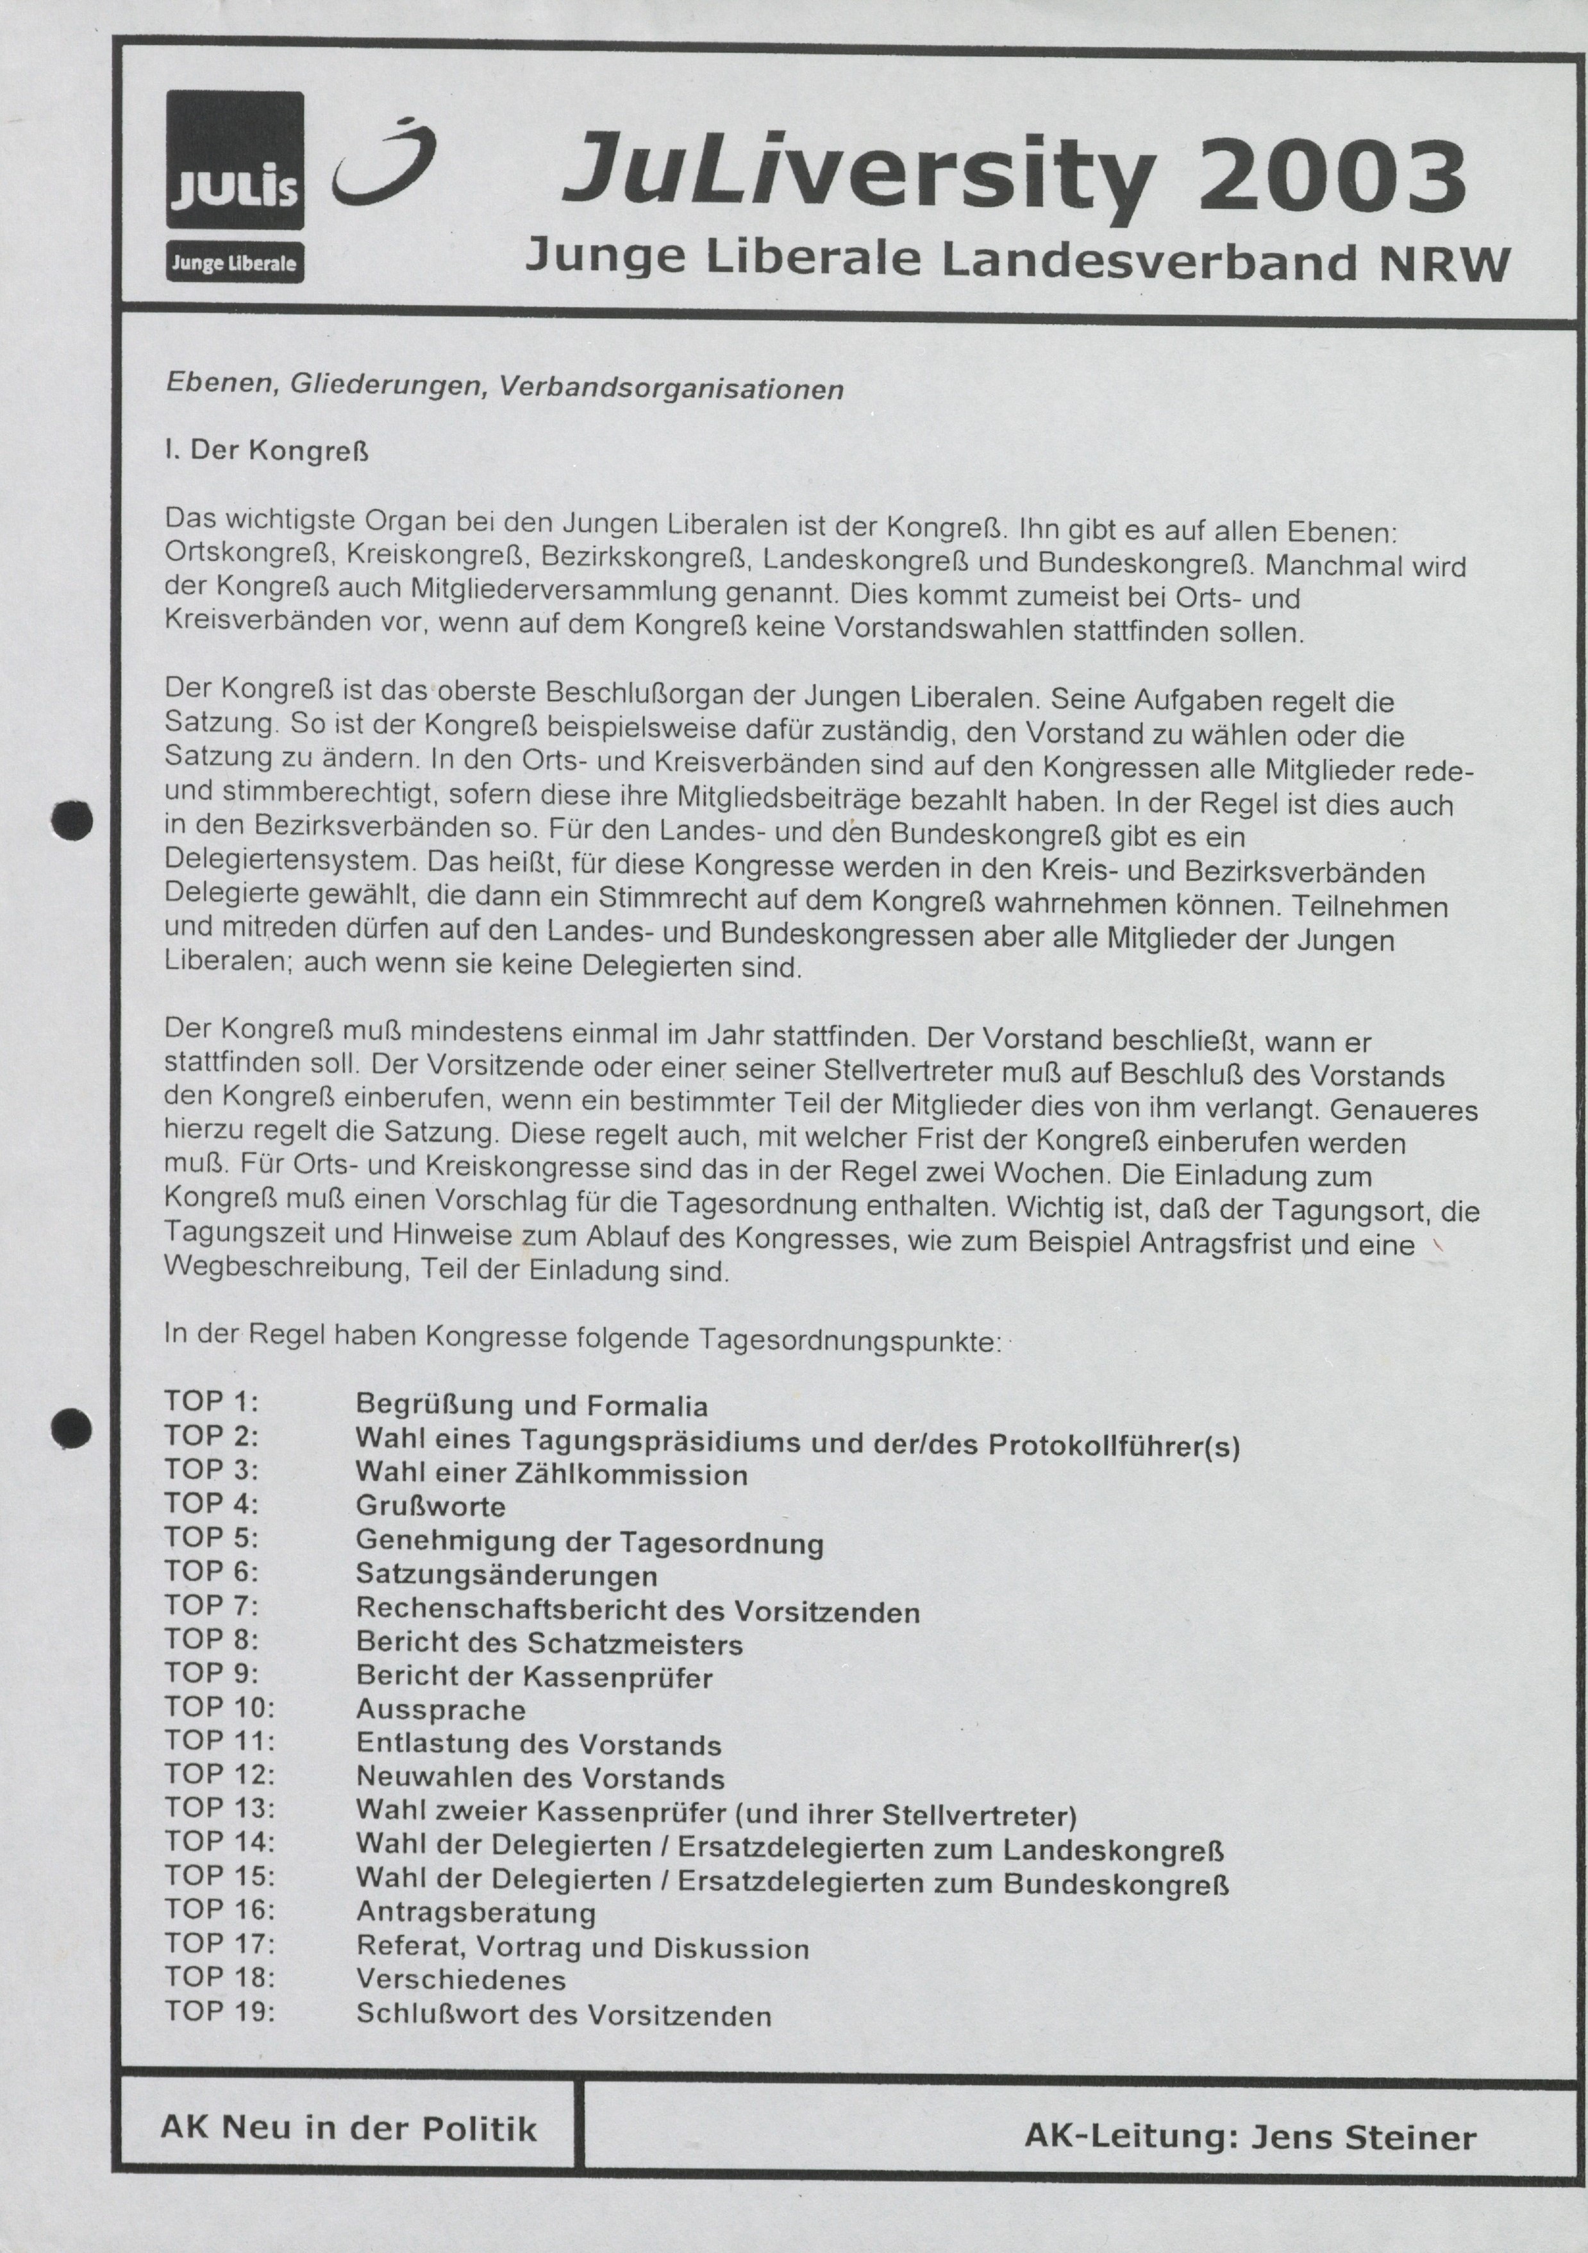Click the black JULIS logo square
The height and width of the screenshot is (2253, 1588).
click(235, 159)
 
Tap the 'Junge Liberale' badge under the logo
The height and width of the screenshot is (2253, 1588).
click(235, 263)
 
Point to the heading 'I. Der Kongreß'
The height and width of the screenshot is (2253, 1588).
click(268, 452)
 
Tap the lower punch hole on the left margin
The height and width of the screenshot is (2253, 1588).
click(72, 1428)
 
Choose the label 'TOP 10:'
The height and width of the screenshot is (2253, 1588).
click(220, 1708)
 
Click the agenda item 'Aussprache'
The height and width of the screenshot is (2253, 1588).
click(440, 1710)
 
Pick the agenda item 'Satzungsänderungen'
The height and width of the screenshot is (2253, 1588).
click(506, 1576)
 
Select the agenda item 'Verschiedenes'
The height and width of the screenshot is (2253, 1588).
click(461, 1980)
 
